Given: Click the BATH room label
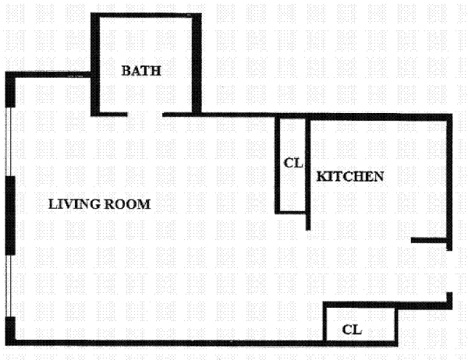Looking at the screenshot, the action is point(141,70).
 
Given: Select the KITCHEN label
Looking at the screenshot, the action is point(350,176).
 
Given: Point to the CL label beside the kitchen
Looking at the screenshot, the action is point(292,163).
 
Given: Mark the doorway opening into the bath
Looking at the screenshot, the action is point(145,115).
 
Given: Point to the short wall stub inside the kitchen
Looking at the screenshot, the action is point(429,241).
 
